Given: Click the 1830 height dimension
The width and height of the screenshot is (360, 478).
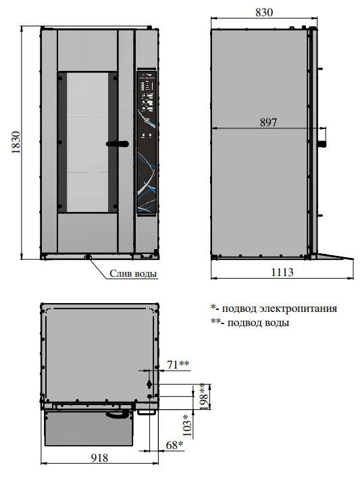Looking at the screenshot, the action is [x=16, y=142].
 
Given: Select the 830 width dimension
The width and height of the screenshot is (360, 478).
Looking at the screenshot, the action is [x=264, y=12].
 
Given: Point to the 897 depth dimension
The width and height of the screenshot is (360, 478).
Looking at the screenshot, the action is [x=268, y=122].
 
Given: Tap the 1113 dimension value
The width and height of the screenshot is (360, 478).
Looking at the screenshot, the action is [x=282, y=272].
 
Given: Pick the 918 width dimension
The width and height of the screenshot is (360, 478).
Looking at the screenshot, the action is [x=99, y=458].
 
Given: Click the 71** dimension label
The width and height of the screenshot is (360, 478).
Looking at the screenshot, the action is [x=178, y=365].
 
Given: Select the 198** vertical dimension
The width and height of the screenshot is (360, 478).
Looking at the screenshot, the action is [x=205, y=396].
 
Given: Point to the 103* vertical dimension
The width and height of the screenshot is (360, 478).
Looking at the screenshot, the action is [x=188, y=425].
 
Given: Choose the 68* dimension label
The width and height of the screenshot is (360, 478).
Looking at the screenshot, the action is [x=174, y=445].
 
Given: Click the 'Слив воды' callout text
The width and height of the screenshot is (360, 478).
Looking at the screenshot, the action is [x=133, y=273].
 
